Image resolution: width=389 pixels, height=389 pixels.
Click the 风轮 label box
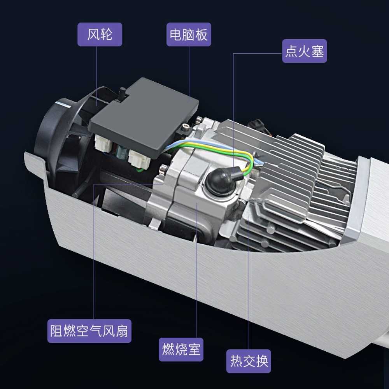(x=100, y=35)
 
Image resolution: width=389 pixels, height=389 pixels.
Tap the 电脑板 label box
(x=189, y=35)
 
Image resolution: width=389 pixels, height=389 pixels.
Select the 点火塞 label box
(x=305, y=51)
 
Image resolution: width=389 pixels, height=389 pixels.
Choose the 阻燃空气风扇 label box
(x=89, y=331)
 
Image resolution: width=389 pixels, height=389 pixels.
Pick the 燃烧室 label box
(x=181, y=350)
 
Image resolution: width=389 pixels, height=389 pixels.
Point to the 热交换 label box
(x=249, y=361)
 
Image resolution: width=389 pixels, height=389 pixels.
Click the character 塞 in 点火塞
(x=318, y=51)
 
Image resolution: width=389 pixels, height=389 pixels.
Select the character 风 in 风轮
(x=93, y=35)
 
